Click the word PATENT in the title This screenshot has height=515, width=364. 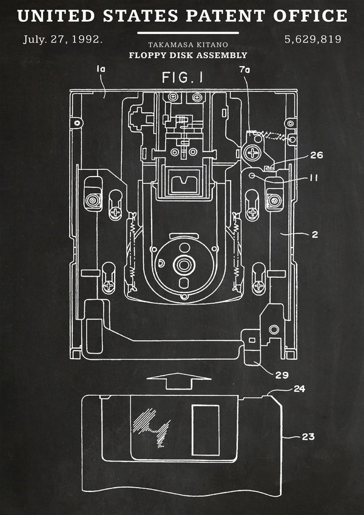[225, 16]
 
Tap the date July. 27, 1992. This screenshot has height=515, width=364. [62, 40]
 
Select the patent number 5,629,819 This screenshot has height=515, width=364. [313, 40]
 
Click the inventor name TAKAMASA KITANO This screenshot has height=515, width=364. [188, 45]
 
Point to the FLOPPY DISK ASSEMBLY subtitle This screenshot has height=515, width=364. [188, 55]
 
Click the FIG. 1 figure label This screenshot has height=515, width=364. [183, 78]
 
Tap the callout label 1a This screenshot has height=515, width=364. [101, 69]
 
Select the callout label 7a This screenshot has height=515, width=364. [244, 70]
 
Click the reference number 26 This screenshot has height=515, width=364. [316, 155]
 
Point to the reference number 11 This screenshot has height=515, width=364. [314, 178]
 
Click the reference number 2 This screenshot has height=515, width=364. [315, 235]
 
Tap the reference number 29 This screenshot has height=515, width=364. [282, 375]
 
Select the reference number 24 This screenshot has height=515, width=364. [299, 389]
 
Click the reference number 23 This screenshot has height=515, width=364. [308, 437]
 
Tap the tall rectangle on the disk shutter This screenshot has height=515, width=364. [206, 430]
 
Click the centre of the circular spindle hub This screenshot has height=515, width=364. [184, 264]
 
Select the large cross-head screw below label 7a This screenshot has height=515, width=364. [252, 152]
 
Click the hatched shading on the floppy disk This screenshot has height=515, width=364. [151, 426]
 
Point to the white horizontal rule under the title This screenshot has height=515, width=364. [188, 33]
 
